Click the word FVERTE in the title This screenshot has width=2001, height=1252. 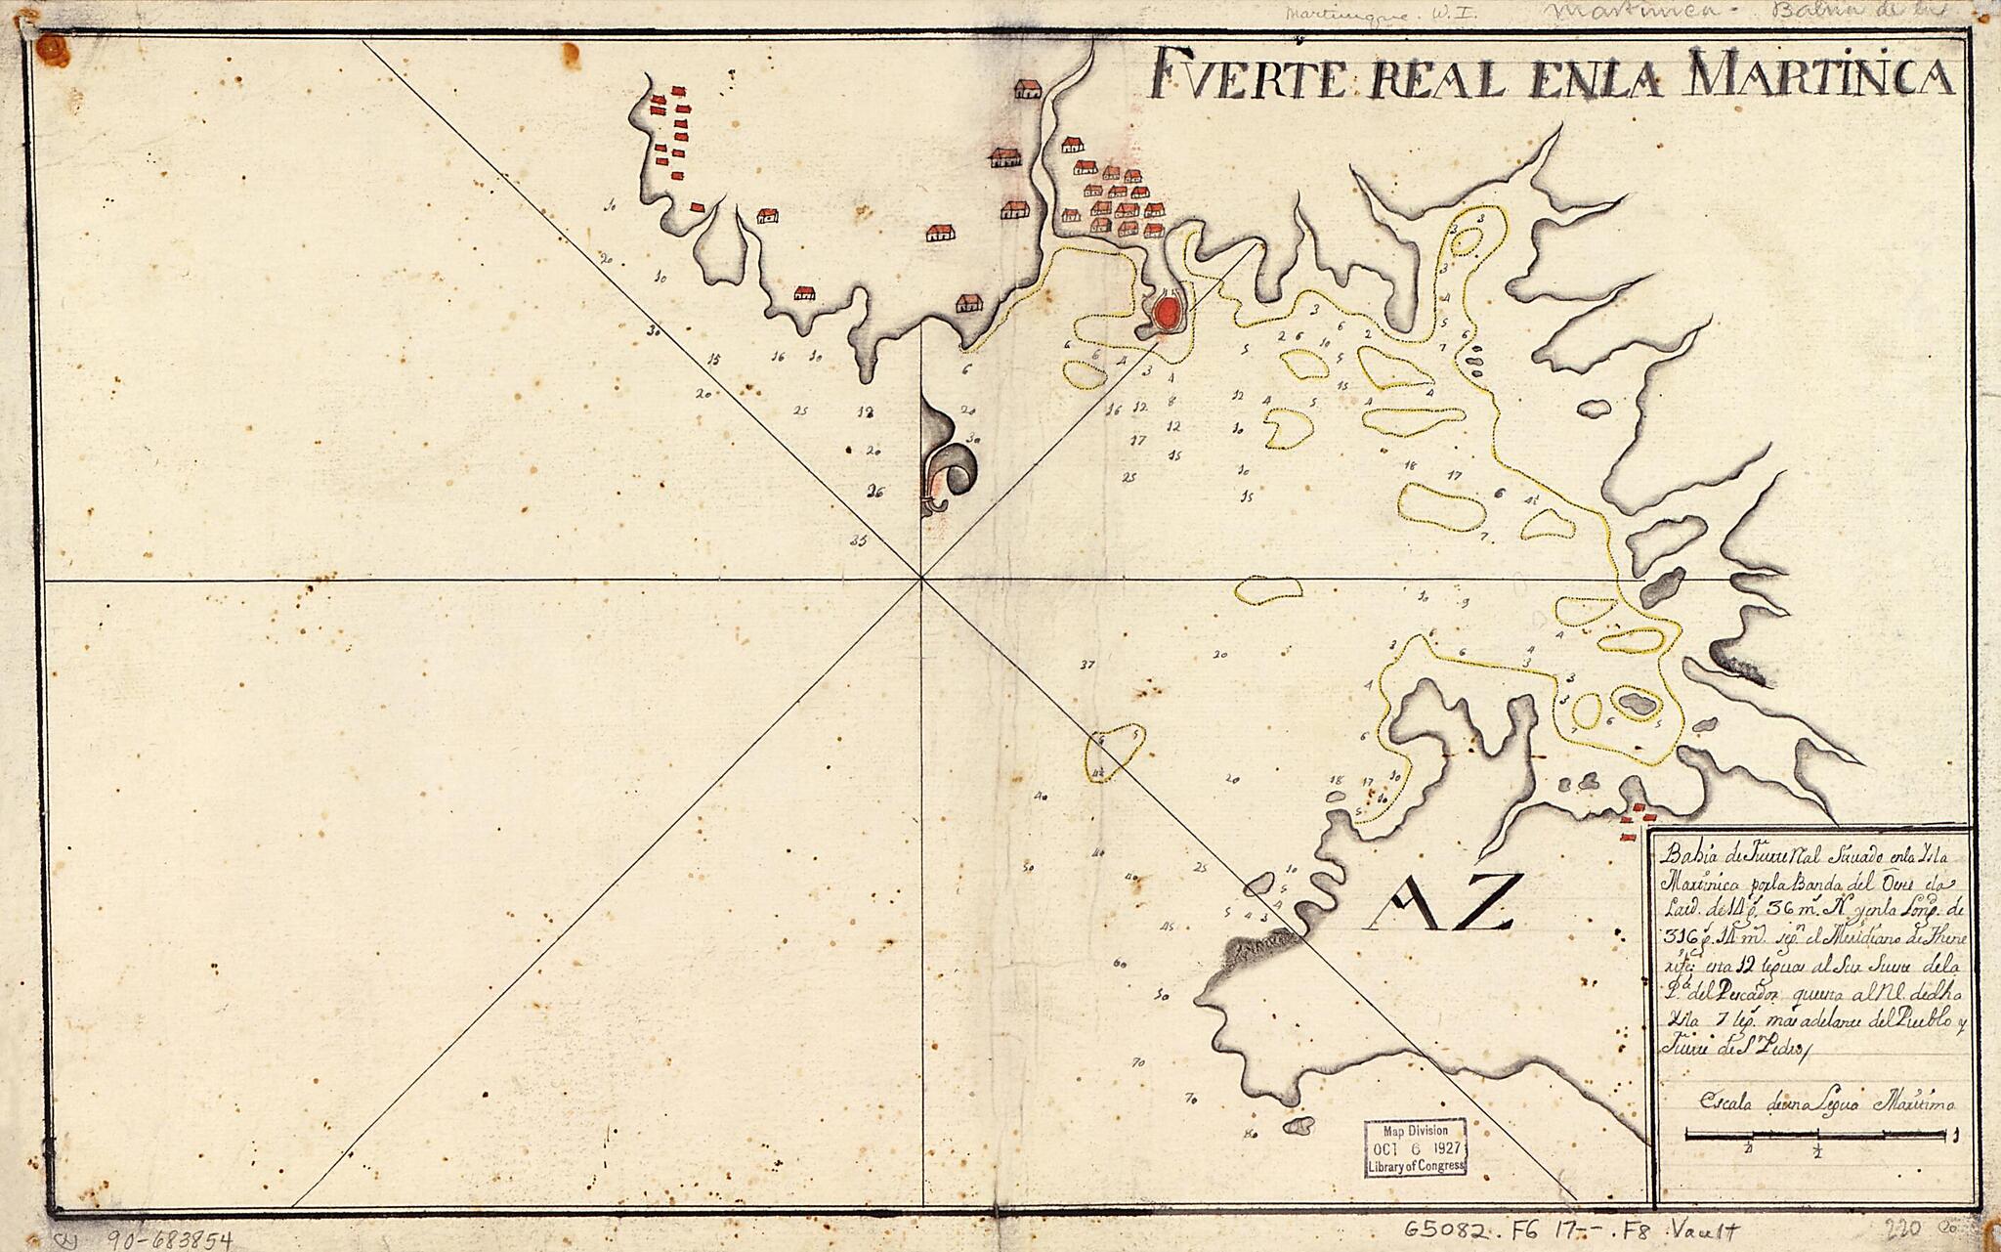[1242, 76]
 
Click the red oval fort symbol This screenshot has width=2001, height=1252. [1166, 314]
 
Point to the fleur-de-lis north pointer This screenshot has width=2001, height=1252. [260, 459]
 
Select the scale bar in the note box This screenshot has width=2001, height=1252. [1818, 1136]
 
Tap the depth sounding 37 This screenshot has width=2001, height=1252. [1087, 666]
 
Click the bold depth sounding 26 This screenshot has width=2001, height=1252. [876, 493]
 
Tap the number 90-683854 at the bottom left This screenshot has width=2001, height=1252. [161, 1240]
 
